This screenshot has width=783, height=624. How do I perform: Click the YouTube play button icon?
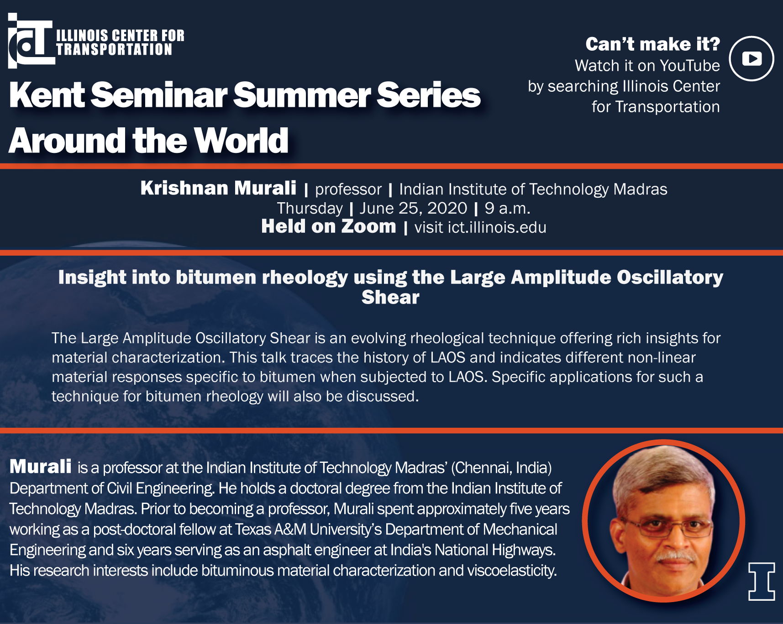pos(751,58)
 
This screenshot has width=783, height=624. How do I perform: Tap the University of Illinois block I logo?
pos(762,581)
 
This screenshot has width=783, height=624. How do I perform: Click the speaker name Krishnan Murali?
pos(218,188)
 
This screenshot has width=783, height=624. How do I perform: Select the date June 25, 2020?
pos(413,208)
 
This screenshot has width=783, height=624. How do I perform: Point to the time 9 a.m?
pos(507,209)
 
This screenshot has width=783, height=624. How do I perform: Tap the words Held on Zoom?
pos(329,226)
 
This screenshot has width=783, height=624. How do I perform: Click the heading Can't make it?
pos(653,44)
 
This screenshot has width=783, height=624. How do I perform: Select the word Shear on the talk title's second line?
pos(390,297)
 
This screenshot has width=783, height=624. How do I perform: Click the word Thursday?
pos(310,209)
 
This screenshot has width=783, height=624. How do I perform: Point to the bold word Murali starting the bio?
pos(41,467)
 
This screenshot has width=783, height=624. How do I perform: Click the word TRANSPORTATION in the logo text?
pos(114,49)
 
